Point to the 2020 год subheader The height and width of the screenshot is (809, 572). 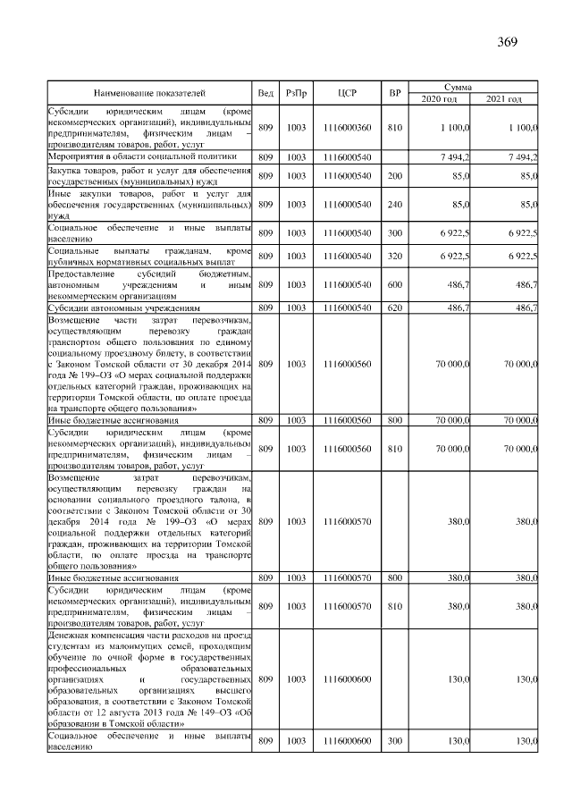[439, 98]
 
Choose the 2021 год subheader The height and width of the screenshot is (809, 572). [505, 98]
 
